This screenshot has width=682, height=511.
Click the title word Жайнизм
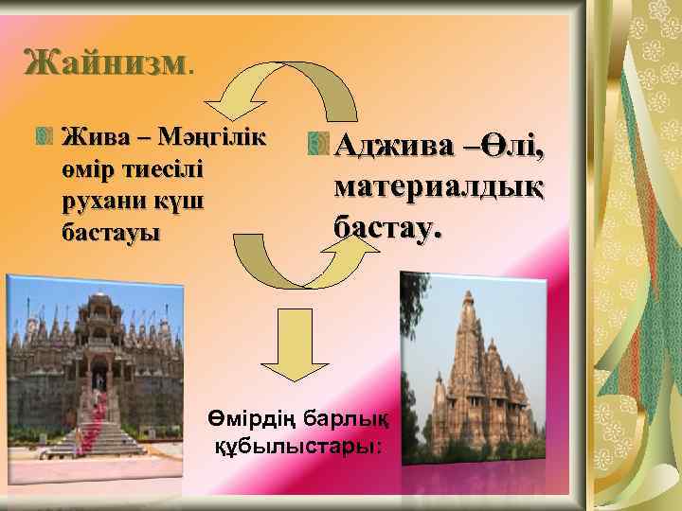click(x=104, y=64)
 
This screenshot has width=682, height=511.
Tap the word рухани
click(x=95, y=201)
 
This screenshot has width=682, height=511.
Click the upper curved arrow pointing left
click(x=284, y=83)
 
